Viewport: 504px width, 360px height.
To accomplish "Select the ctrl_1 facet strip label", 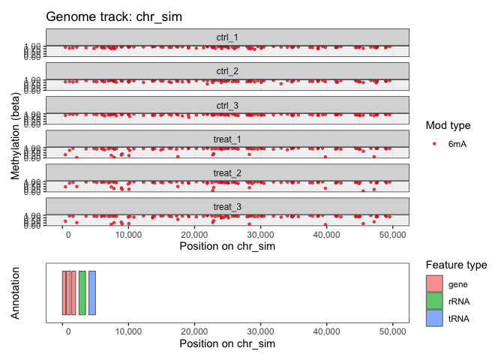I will [227, 37].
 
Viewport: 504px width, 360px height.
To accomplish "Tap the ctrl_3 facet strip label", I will [227, 105].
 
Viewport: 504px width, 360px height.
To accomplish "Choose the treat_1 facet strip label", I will [227, 139].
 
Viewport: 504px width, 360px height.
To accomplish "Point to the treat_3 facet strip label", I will [227, 207].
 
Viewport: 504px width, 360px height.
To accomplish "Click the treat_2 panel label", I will [227, 173].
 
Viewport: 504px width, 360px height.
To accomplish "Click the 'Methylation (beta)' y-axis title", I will [15, 131].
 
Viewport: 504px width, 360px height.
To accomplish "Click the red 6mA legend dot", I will [434, 143].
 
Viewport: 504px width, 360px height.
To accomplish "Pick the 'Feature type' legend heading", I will [456, 265].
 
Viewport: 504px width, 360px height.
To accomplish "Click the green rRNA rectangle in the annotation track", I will [82, 292].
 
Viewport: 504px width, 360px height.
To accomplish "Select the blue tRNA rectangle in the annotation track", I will [92, 292].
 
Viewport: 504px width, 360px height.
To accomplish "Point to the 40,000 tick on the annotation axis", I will [325, 331].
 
